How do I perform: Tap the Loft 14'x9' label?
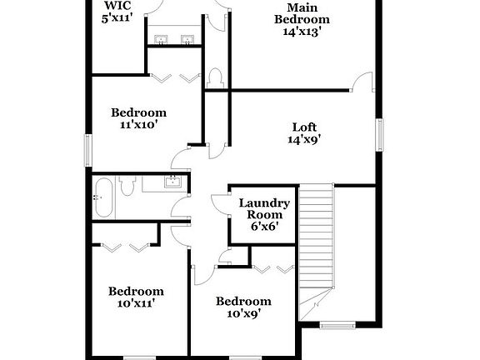click(304, 133)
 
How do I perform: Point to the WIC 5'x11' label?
click(117, 12)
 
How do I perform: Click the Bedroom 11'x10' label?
click(138, 118)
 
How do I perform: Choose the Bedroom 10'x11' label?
click(136, 297)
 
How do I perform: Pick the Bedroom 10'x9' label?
click(243, 307)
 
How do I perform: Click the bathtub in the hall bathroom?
click(103, 197)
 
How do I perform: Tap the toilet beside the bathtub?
click(127, 186)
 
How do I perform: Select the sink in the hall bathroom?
click(172, 182)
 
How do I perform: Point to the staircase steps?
click(316, 236)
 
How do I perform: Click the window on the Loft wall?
click(379, 135)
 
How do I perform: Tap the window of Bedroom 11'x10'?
click(88, 151)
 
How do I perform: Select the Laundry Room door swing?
click(220, 205)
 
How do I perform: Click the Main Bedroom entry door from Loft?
click(362, 82)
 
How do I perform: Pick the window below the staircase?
click(337, 324)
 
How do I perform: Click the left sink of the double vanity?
click(161, 40)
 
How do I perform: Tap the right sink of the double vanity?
click(187, 40)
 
